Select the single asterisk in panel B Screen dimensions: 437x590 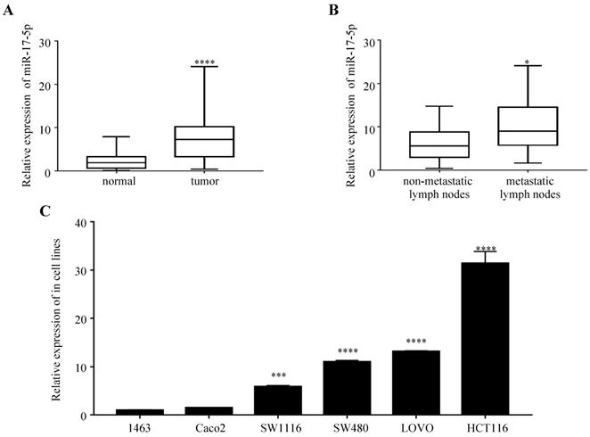pyautogui.click(x=529, y=62)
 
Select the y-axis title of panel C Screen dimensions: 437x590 pyautogui.click(x=56, y=317)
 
